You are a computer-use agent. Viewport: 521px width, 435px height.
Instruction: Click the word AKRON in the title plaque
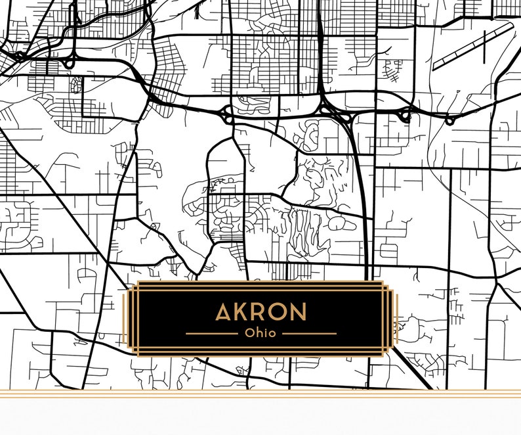[260, 312]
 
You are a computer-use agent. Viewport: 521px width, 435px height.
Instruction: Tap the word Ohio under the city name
[260, 333]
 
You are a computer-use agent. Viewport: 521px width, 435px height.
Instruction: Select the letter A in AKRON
[224, 312]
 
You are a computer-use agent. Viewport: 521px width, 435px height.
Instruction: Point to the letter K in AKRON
[243, 312]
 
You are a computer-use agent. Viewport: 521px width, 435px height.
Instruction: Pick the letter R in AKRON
[260, 312]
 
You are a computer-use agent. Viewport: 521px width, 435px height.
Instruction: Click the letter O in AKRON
[278, 312]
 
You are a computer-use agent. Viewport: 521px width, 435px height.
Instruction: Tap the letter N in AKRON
[298, 312]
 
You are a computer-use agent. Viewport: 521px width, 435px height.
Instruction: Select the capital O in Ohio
[249, 333]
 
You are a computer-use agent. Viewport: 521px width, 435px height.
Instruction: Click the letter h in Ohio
[258, 333]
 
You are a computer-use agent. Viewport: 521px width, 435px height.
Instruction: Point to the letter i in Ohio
[264, 333]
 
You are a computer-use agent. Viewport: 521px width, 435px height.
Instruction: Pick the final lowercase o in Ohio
[272, 334]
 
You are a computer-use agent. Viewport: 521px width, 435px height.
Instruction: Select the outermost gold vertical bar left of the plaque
[123, 319]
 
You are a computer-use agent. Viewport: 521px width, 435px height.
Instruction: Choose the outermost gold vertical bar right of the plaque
[397, 319]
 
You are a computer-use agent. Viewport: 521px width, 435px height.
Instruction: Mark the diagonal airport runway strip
[472, 46]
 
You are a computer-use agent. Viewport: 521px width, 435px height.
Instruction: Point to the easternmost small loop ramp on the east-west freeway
[450, 121]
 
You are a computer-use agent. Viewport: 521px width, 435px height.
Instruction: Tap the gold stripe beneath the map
[260, 394]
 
